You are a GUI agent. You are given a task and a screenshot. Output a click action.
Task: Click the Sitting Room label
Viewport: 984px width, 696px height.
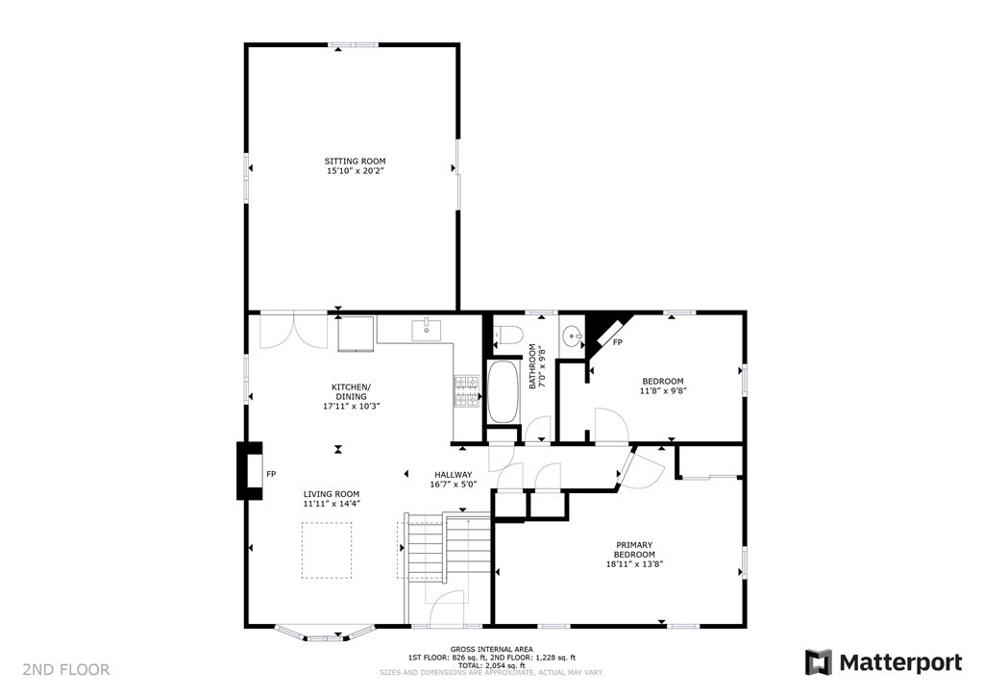355,161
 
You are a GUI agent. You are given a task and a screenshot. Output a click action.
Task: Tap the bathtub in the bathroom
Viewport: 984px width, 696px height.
503,391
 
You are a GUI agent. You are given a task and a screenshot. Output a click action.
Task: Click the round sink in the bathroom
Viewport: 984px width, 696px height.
573,337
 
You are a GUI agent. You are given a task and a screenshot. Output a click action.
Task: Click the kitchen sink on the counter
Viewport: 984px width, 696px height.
426,331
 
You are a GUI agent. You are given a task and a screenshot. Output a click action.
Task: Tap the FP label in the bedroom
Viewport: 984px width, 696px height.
618,343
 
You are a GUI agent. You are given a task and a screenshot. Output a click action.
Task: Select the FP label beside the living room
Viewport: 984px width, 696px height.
272,474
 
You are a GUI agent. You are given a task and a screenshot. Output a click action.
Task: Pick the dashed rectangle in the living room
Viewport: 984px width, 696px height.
328,550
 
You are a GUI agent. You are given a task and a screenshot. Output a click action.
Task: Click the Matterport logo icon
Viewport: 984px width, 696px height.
819,662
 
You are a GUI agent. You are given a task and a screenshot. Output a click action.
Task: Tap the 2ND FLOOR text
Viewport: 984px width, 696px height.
66,669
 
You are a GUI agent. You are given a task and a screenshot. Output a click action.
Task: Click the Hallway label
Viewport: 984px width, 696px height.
453,474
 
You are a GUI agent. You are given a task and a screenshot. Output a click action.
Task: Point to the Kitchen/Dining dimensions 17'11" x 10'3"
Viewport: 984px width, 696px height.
352,407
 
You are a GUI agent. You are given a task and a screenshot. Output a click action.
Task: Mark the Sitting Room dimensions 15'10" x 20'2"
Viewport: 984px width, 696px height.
355,171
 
